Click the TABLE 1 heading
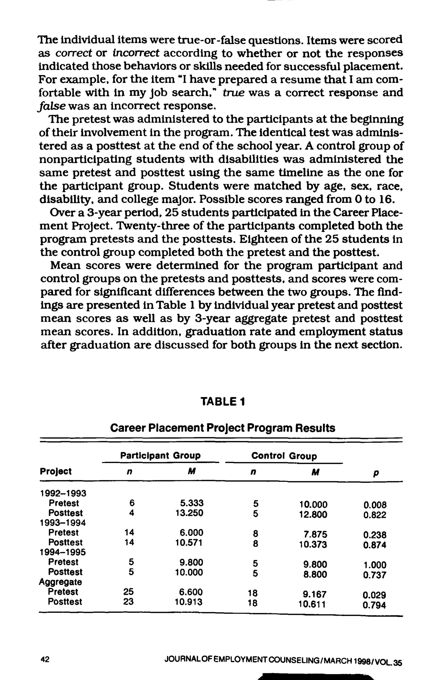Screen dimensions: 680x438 222,402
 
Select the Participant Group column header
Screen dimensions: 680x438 160,456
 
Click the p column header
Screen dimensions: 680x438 376,473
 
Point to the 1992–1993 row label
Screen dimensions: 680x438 63,493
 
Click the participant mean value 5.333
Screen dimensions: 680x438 192,503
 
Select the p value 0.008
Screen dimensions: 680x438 375,505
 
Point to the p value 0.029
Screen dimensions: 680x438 374,595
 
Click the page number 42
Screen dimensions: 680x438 45,659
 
